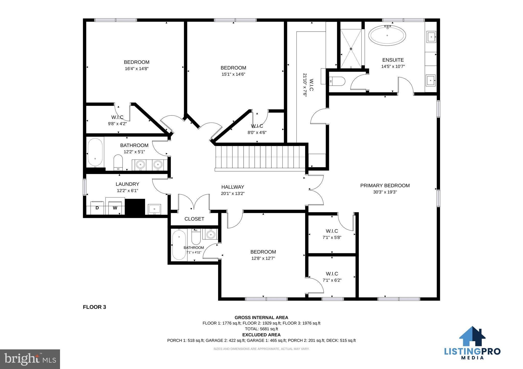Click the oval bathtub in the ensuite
point(387,36)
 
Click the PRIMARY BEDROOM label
point(385,186)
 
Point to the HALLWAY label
point(233,187)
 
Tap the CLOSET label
point(194,219)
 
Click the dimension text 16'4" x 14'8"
point(137,69)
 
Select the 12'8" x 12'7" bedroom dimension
point(263,258)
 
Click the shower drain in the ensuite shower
point(351,49)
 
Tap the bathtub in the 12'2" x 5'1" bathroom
point(95,152)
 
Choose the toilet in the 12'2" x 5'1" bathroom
point(118,162)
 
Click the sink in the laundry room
point(154,209)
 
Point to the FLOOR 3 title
point(94,307)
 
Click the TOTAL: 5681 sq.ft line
point(261,329)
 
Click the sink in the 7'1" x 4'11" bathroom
point(210,234)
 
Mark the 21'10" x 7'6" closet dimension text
point(305,85)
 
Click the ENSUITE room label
point(393,60)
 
